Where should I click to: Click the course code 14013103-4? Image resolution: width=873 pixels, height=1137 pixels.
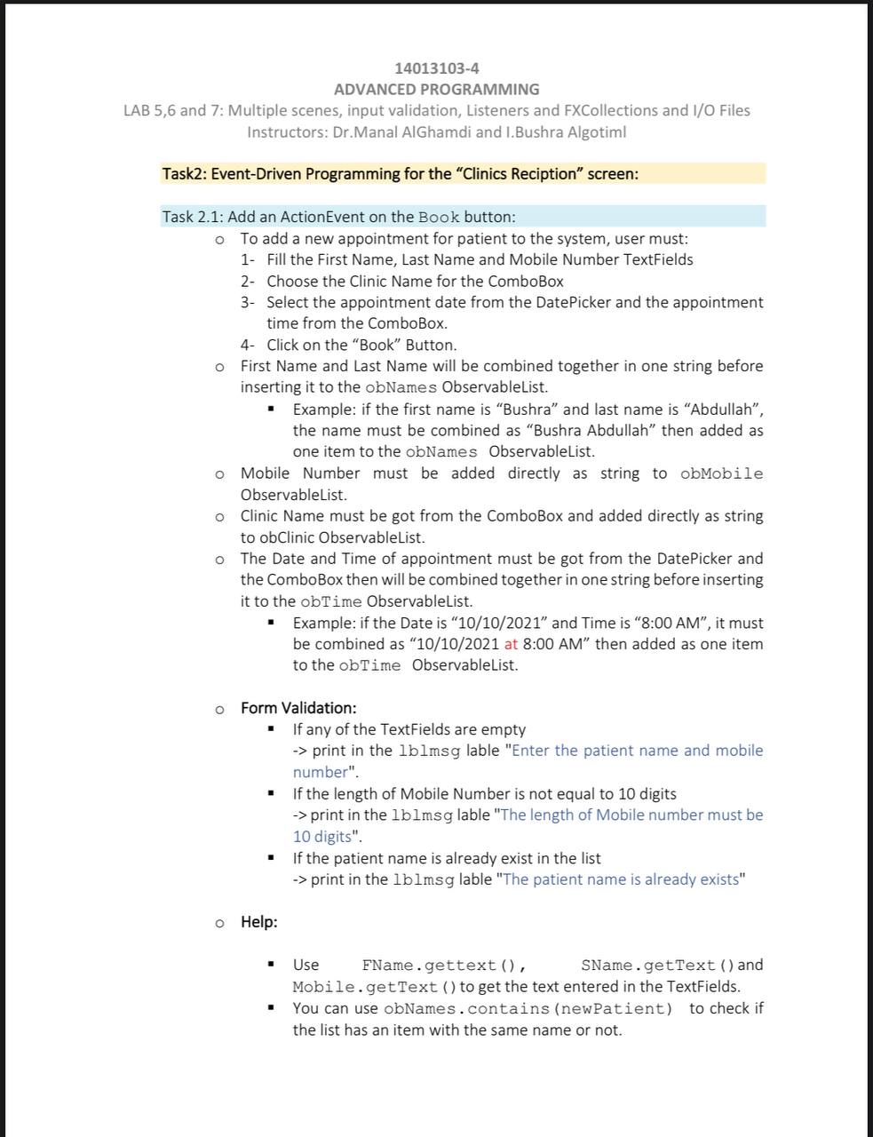tap(436, 68)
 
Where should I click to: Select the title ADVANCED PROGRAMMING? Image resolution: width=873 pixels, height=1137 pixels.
tap(436, 90)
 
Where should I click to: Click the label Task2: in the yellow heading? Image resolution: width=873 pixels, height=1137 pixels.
tap(184, 174)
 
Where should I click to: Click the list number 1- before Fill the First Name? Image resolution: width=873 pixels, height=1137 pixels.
tap(248, 260)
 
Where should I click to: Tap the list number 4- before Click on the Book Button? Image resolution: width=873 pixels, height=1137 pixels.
tap(248, 346)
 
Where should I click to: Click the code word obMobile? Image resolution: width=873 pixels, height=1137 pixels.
tap(721, 474)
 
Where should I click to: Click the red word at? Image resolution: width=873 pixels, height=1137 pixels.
tap(511, 645)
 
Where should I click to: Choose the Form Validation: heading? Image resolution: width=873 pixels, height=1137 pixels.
tap(298, 709)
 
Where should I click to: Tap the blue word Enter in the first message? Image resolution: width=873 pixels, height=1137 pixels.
tap(531, 751)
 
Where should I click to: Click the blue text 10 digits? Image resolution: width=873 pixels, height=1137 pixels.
tap(322, 837)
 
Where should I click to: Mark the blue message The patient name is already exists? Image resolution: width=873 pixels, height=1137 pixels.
tap(621, 880)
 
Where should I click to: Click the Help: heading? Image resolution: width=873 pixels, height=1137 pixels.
tap(258, 922)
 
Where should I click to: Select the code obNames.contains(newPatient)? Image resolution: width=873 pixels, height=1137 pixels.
tap(528, 1009)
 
